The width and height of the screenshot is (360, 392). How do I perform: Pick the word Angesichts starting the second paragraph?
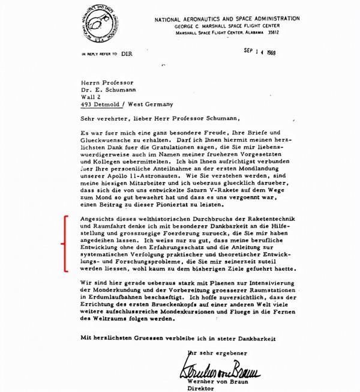click(99, 214)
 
